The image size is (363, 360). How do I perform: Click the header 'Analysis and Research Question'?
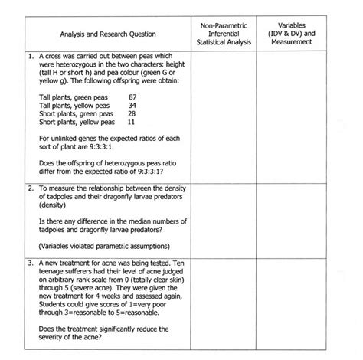pyautogui.click(x=108, y=34)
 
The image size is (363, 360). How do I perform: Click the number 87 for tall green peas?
pyautogui.click(x=133, y=97)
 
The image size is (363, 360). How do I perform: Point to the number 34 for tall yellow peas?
pyautogui.click(x=132, y=105)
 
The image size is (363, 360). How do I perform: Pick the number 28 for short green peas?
pyautogui.click(x=132, y=113)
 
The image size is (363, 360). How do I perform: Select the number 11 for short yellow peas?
pyautogui.click(x=132, y=122)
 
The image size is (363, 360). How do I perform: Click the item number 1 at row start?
pyautogui.click(x=28, y=57)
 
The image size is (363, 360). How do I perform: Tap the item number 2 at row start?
pyautogui.click(x=28, y=188)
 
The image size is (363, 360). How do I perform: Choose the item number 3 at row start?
pyautogui.click(x=28, y=263)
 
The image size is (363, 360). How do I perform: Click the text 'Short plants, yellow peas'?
pyautogui.click(x=76, y=122)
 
